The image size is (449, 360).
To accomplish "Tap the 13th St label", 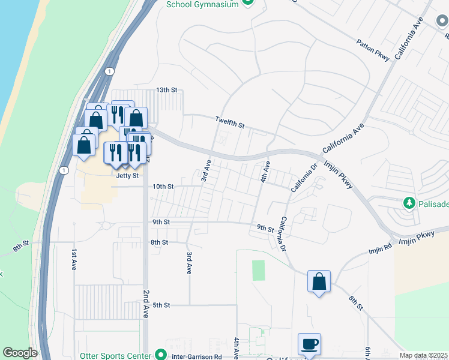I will tap(167, 90).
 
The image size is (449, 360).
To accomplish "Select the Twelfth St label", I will tap(231, 122).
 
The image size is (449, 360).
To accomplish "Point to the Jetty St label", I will tap(127, 176).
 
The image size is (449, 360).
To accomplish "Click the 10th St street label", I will tap(163, 187).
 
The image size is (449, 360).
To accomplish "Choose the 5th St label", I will tap(161, 305).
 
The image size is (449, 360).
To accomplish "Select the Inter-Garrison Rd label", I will tap(197, 356).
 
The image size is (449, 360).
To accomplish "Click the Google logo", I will tap(20, 353).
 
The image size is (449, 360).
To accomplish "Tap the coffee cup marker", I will tap(309, 344).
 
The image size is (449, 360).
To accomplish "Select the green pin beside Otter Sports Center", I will tap(160, 354).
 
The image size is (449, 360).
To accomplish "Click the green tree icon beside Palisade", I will tap(410, 203).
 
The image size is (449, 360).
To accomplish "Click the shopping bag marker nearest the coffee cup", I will tap(319, 281).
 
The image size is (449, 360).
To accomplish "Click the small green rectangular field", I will tap(258, 270).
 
